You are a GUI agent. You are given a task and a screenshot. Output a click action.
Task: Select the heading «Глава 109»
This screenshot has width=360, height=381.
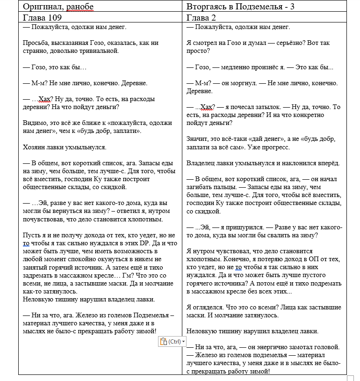(x=41, y=18)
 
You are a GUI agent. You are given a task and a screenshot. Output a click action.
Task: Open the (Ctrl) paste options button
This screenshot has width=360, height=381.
(x=172, y=342)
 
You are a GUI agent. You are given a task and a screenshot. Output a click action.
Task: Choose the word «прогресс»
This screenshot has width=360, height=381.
(x=273, y=147)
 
